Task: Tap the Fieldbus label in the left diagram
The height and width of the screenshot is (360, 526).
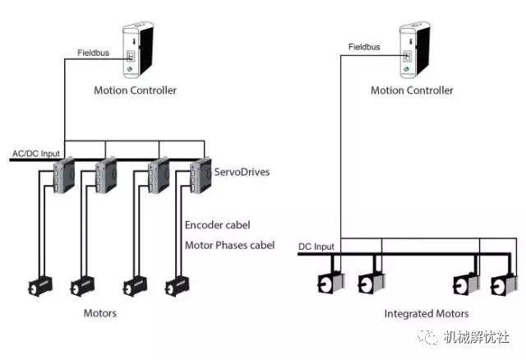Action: [93, 53]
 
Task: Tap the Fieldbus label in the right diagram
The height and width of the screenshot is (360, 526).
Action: [364, 47]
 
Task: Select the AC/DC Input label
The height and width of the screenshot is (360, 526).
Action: [36, 154]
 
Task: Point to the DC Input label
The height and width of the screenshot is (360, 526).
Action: [316, 247]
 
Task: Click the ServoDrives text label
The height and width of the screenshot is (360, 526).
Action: [242, 172]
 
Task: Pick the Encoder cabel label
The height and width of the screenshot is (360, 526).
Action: [217, 224]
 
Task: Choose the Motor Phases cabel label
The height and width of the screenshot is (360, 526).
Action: [230, 245]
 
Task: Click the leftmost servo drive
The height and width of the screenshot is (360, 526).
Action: [64, 175]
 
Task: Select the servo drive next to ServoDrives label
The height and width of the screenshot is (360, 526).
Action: [201, 175]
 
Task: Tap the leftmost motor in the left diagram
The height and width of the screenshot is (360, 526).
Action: [40, 286]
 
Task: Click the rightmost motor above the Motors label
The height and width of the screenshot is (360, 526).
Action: [178, 286]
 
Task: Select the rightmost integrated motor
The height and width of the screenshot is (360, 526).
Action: [505, 284]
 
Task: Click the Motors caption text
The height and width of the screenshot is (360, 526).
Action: [100, 313]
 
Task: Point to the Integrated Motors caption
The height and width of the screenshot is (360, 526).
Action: [427, 314]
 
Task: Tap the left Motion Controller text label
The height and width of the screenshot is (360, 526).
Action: [135, 90]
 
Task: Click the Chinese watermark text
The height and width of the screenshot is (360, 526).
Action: [477, 337]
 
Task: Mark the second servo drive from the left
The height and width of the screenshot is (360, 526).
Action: [106, 175]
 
